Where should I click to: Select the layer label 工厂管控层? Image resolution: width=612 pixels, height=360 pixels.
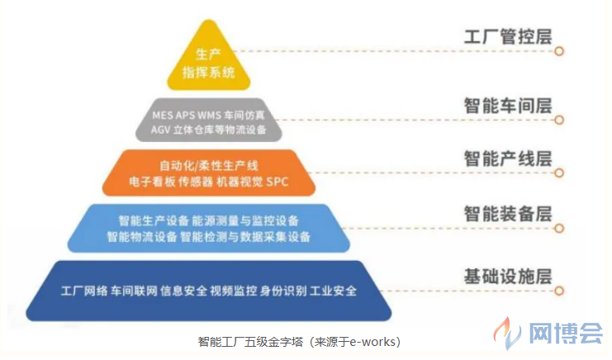[508, 36]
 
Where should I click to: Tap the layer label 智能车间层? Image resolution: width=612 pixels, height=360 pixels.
[508, 106]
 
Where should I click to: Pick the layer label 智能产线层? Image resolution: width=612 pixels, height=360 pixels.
[508, 159]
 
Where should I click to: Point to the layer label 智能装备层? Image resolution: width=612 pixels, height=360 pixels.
[508, 214]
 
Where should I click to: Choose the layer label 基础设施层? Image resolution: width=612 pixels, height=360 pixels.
[508, 277]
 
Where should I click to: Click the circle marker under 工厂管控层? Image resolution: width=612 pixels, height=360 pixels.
[559, 51]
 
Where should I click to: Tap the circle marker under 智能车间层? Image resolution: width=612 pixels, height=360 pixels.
[559, 120]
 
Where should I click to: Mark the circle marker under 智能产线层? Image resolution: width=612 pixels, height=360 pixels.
[559, 173]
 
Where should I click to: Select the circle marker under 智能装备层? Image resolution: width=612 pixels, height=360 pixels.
[559, 228]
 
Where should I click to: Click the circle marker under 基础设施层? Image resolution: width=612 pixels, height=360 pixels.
[559, 291]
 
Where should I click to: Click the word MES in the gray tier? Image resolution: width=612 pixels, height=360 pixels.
[162, 116]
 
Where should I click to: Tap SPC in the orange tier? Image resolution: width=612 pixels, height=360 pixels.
[278, 182]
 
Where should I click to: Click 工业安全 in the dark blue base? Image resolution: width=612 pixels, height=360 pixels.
[333, 291]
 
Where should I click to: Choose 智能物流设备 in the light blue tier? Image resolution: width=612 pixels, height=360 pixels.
[142, 237]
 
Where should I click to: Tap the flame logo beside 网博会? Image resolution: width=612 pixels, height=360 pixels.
[506, 332]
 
